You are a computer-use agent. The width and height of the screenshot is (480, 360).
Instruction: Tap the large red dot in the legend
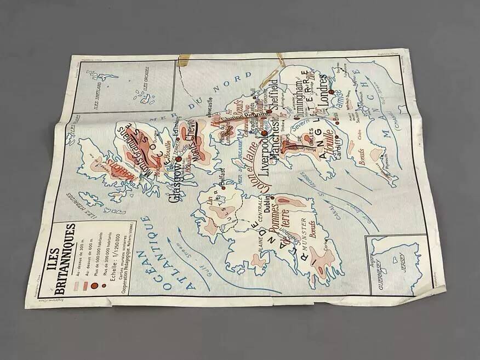point(93,285)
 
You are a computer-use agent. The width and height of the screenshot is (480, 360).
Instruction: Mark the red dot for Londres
point(331,100)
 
